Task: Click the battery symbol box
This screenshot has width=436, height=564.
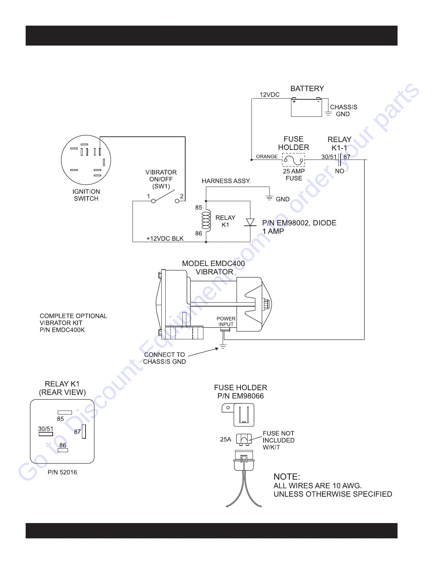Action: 306,108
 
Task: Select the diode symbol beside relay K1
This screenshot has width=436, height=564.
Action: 250,222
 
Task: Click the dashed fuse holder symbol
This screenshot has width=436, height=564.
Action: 294,160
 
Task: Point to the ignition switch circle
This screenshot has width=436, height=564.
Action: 86,160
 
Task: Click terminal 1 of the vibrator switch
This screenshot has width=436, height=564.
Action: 154,201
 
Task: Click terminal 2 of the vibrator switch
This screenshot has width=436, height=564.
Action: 177,201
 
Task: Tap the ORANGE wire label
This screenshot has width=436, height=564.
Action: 267,157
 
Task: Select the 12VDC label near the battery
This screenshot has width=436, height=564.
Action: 270,95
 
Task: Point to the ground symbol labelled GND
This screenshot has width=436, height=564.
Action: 270,198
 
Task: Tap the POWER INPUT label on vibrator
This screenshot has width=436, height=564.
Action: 226,321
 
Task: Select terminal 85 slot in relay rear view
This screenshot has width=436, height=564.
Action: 65,412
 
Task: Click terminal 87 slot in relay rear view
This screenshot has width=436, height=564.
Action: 84,431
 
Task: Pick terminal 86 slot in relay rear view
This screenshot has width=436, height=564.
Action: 63,450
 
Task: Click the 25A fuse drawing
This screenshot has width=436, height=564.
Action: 244,439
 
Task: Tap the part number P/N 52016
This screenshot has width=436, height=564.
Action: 62,472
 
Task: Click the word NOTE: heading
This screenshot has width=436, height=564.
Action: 287,477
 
